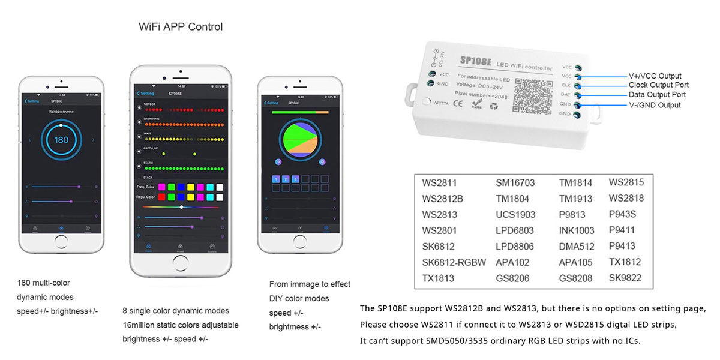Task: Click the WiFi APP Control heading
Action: point(181,27)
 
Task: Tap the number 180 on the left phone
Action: point(61,140)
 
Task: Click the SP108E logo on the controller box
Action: point(476,61)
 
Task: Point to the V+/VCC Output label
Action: point(655,76)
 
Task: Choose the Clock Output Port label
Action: point(658,85)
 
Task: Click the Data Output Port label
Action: point(657,95)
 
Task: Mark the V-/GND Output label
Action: point(655,105)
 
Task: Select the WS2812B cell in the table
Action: point(442,199)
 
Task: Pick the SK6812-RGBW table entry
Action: point(454,262)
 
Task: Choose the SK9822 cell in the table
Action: point(625,278)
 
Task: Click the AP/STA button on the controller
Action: point(427,102)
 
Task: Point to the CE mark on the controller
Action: point(457,103)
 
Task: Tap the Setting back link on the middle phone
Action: point(145,94)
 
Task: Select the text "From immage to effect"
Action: point(310,284)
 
